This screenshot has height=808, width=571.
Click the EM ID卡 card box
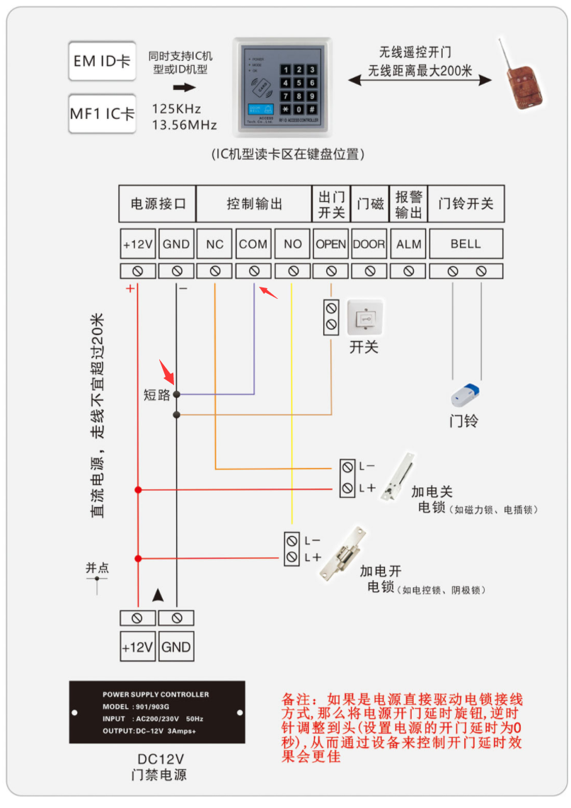[x=102, y=61]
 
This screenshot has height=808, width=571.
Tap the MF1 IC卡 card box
[x=102, y=113]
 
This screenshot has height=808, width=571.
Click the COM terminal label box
[x=253, y=244]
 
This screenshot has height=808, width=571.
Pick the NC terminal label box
[x=214, y=244]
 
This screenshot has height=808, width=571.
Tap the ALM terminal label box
[x=408, y=244]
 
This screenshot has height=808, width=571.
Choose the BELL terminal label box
[x=466, y=244]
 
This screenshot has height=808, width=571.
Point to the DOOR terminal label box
[x=369, y=244]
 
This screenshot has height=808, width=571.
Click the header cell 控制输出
[x=253, y=204]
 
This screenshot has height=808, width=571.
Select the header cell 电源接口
[x=157, y=204]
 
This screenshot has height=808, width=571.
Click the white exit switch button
[x=364, y=318]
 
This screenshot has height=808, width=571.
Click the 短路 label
[x=157, y=395]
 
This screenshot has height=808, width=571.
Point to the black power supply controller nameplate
[x=157, y=712]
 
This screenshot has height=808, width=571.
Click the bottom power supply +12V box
[x=137, y=647]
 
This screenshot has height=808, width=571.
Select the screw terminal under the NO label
[x=292, y=271]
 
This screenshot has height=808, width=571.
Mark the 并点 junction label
[x=98, y=568]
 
